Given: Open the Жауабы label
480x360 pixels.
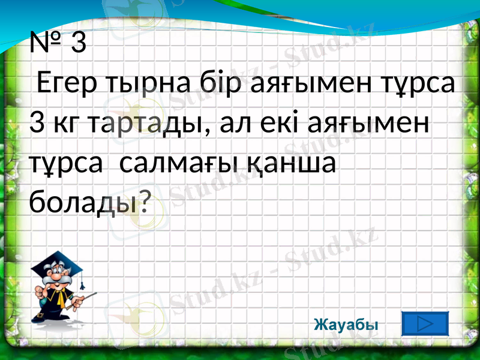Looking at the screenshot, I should (x=346, y=325).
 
